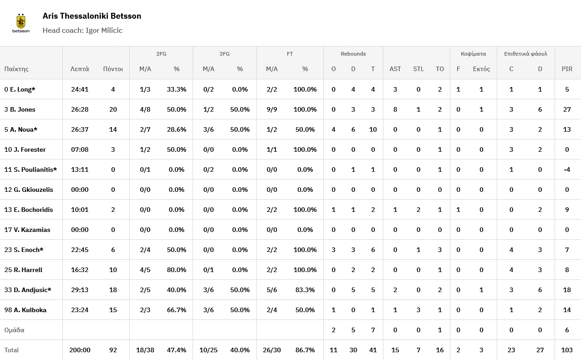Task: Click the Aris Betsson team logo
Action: click(x=20, y=23)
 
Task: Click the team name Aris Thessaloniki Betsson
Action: click(x=92, y=16)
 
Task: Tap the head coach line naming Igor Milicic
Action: click(x=82, y=31)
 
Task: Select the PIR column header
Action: click(x=567, y=69)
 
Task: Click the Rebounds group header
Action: click(x=353, y=54)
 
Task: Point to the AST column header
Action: click(x=395, y=69)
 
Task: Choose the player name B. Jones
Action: click(x=20, y=109)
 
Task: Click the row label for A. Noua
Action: click(x=21, y=129)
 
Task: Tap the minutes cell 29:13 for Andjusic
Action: click(x=80, y=290)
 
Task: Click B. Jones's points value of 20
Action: click(x=113, y=109)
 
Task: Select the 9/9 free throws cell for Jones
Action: click(x=271, y=109)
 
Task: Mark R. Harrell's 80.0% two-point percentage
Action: click(x=176, y=270)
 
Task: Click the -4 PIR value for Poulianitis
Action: click(x=567, y=170)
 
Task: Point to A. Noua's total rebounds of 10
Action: click(x=372, y=129)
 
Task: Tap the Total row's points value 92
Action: click(x=113, y=350)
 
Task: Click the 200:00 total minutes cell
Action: click(x=80, y=350)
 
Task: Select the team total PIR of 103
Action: click(x=567, y=350)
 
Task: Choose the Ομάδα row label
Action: click(x=14, y=330)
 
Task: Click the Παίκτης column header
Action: click(x=16, y=69)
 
